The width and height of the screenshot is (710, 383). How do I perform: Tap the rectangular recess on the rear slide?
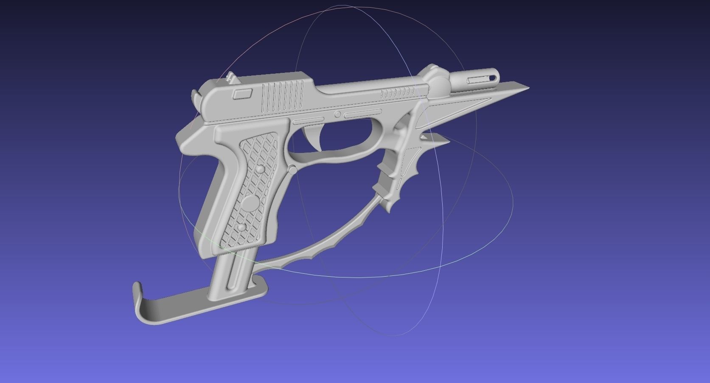click(243, 94)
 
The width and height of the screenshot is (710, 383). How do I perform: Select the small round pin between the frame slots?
click(338, 114)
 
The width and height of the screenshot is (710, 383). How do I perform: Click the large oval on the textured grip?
click(252, 202)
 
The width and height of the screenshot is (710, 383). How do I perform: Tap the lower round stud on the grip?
click(241, 228)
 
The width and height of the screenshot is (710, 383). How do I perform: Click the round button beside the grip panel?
click(292, 170)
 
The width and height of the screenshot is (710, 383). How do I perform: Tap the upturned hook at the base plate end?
click(138, 292)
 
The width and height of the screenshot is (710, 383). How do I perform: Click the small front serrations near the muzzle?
click(398, 92)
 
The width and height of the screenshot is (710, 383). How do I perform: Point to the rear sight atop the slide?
click(230, 78)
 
